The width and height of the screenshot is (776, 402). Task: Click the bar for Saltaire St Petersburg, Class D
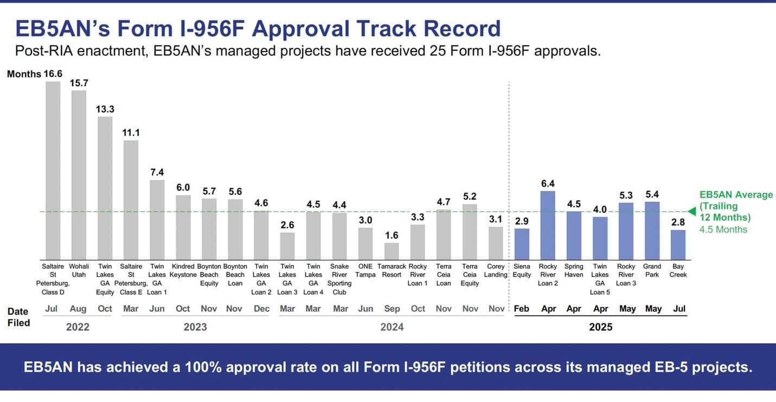pos(53,170)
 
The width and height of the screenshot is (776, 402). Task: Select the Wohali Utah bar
pos(79,175)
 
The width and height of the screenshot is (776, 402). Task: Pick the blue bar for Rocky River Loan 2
pos(548,225)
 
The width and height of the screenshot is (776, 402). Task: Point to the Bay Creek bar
pos(678,245)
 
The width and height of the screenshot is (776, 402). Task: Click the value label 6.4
pos(548,183)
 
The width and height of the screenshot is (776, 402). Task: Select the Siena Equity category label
pos(522,270)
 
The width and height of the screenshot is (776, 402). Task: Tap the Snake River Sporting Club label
pos(339,279)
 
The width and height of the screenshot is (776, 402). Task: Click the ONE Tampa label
pos(365,270)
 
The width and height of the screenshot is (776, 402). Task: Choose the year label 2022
pos(78,327)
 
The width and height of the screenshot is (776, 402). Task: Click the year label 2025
pos(601,327)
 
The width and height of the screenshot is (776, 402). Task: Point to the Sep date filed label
pos(392,309)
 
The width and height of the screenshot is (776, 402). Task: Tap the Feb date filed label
pos(522,309)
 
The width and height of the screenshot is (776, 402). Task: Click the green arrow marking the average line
pos(691,212)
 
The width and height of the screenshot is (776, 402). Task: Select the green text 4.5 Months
pos(723,229)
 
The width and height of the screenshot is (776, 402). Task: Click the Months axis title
pos(24,74)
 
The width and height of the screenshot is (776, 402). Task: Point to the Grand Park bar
pos(652,231)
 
